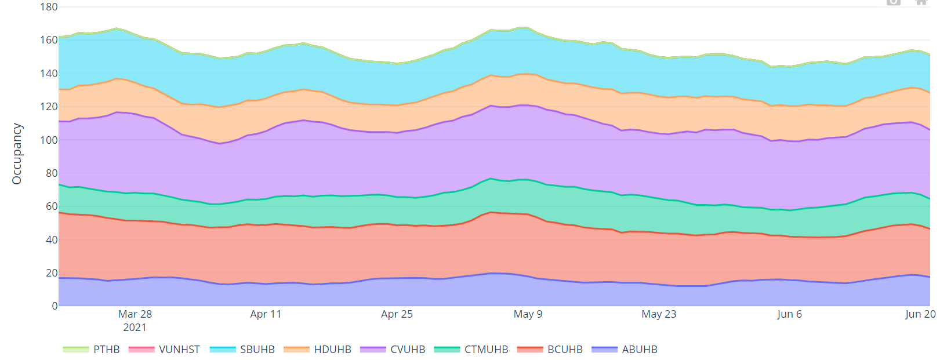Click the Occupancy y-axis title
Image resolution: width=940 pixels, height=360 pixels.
pos(17,154)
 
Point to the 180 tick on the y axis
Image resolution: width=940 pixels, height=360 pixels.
pos(49,7)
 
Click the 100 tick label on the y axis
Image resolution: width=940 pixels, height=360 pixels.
pos(49,140)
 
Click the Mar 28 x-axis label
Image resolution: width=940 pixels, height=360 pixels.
pos(135,314)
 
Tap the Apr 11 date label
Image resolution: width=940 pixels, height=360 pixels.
pos(266,314)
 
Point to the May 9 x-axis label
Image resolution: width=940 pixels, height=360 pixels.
pos(528,314)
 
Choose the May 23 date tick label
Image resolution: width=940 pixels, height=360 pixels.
pos(659,314)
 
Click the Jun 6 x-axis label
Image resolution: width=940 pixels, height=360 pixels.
pos(789,314)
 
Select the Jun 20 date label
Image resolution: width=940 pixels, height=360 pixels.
pos(920,314)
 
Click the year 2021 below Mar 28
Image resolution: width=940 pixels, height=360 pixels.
pos(135,328)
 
